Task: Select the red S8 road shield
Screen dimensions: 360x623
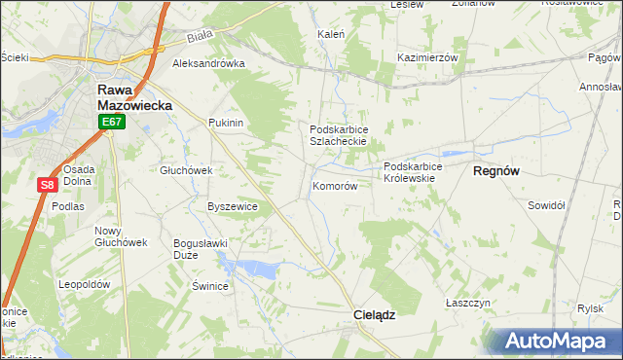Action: pos(48,185)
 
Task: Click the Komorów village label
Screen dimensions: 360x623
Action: pos(336,186)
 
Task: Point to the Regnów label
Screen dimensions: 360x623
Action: pos(496,170)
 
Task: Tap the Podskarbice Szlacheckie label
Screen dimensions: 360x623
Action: pos(338,135)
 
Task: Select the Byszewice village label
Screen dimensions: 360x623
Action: pos(233,206)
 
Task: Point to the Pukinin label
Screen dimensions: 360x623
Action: pos(225,124)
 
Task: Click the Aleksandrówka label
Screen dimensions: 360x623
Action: pos(208,64)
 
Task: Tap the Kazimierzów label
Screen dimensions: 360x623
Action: pos(427,58)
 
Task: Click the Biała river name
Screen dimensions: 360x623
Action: pos(200,40)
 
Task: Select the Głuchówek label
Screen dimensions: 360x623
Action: pos(186,170)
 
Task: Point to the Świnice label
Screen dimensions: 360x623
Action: pos(209,286)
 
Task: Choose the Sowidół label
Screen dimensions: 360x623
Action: pos(546,205)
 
